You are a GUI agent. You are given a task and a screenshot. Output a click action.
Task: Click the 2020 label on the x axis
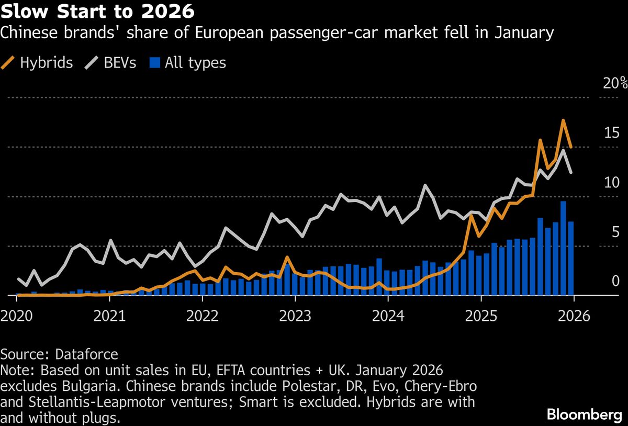pos(17,317)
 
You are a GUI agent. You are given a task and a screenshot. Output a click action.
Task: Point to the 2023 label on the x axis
pos(295,317)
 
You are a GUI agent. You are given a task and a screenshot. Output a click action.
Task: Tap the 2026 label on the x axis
pos(574,317)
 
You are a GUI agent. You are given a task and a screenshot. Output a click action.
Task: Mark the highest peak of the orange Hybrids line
pos(563,120)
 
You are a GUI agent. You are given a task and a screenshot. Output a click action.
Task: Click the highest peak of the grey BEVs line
pos(563,151)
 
